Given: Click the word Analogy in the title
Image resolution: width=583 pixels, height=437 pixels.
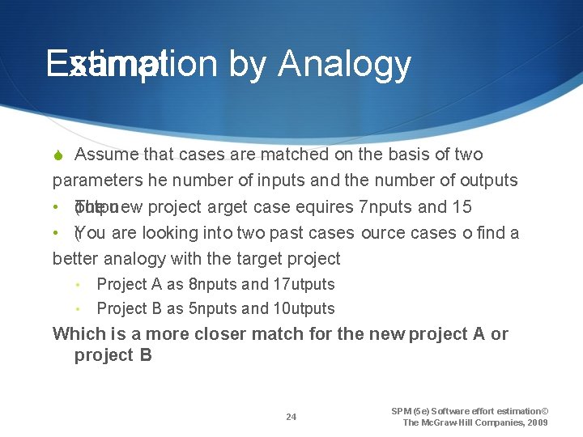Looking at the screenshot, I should click(x=344, y=65).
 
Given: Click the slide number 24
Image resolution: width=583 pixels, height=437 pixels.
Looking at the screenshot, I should click(x=291, y=418).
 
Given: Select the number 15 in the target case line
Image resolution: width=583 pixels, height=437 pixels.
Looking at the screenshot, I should click(x=462, y=207).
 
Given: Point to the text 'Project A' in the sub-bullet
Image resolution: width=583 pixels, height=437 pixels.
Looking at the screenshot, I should click(x=122, y=284).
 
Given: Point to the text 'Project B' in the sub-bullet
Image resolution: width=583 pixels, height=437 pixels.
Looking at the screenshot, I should click(x=122, y=308).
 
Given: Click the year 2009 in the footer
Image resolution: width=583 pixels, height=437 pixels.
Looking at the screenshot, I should click(x=537, y=422).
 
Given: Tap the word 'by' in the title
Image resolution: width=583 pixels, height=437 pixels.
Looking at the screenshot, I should click(x=248, y=65).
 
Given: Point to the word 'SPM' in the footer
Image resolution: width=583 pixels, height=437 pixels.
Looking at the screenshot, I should click(x=402, y=411).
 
